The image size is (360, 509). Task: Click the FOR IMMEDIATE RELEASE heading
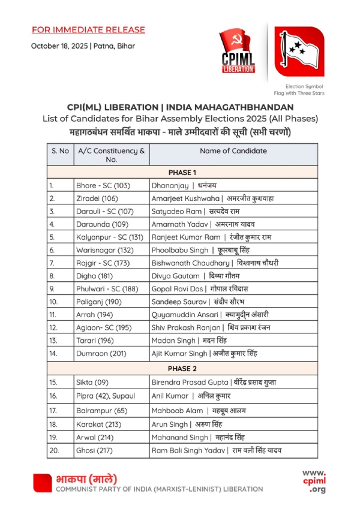click(x=88, y=29)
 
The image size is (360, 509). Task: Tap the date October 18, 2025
click(x=59, y=46)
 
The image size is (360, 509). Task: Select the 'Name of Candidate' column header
click(x=233, y=151)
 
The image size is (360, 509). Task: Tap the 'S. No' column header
click(x=60, y=151)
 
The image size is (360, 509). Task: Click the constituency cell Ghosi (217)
click(x=95, y=450)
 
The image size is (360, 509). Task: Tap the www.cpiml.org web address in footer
click(x=314, y=481)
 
